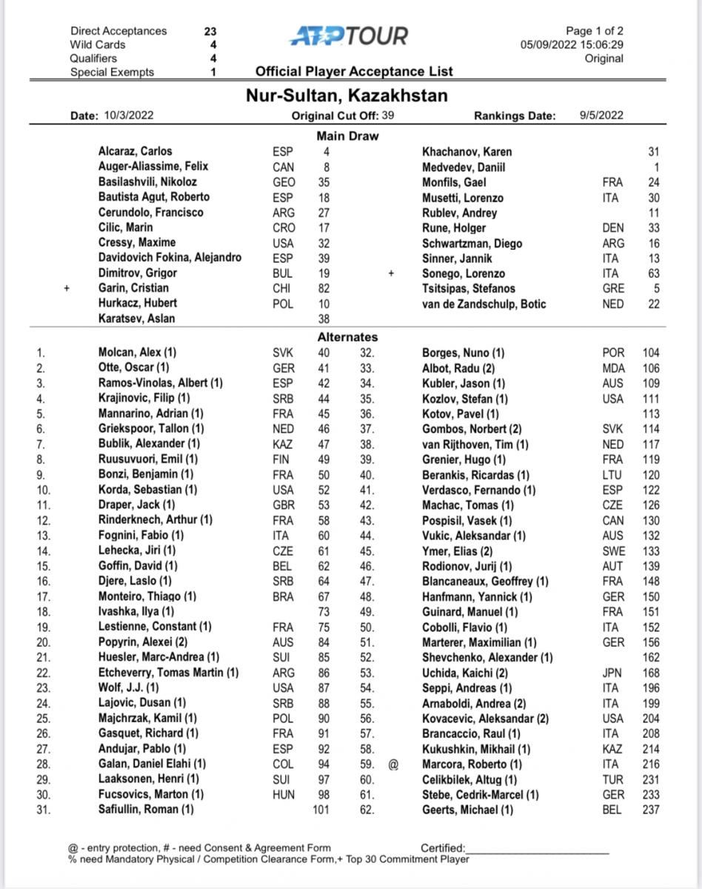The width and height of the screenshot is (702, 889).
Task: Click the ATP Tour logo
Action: pos(349,36)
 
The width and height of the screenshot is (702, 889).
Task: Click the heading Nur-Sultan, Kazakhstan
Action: pos(347,96)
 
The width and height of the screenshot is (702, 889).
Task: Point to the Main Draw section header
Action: pos(347,136)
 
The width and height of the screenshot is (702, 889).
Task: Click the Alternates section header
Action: pos(347,336)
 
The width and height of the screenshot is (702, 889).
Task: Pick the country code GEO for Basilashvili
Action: pos(283,182)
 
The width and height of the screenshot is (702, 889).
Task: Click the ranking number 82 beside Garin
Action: pos(324,288)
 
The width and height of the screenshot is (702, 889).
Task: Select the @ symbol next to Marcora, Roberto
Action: pos(392,764)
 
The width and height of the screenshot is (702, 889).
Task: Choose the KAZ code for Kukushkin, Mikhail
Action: pos(613,749)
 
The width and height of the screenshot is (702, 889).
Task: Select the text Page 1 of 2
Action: pos(594,31)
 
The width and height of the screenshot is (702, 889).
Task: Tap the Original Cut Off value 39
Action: pos(388,115)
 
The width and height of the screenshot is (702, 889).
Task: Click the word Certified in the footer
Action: pos(443,848)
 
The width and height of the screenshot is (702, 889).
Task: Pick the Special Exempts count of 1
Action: pos(213,72)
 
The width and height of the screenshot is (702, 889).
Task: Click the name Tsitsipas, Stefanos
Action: pos(468,288)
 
